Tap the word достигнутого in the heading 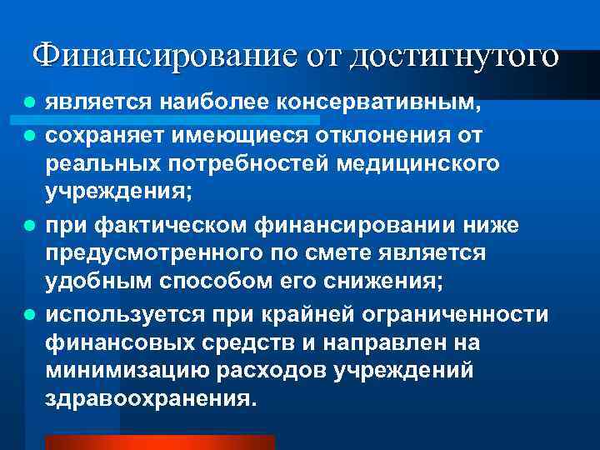point(455,57)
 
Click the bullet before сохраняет point(29,134)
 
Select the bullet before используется point(29,314)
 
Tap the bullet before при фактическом point(29,224)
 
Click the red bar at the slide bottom point(159,442)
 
